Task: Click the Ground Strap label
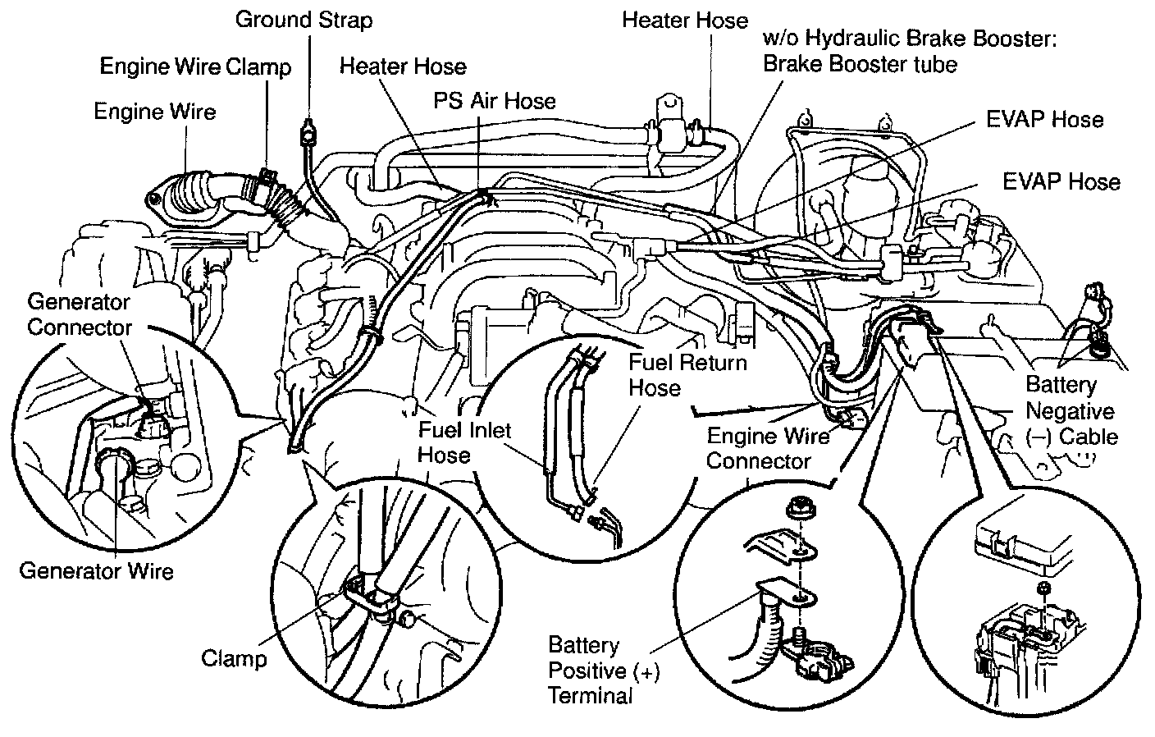304,19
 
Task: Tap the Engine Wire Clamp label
195,66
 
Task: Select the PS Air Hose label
495,101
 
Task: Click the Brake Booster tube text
860,64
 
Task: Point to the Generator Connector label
79,314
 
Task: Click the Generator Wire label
96,570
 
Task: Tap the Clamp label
234,658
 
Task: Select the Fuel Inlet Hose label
464,442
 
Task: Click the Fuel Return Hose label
687,374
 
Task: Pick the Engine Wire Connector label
767,447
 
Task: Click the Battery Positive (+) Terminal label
604,671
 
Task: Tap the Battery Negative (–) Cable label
1071,410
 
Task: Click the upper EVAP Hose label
1044,119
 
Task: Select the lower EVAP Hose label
1061,181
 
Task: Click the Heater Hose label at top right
685,20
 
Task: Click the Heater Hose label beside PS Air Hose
403,66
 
